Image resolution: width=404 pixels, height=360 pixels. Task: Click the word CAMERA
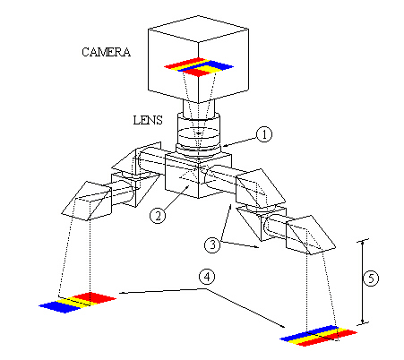click(x=106, y=52)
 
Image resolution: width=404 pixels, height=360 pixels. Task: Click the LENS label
click(x=148, y=120)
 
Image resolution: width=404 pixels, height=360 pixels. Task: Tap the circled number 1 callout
click(x=264, y=134)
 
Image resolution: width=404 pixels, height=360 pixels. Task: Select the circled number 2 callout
click(x=158, y=215)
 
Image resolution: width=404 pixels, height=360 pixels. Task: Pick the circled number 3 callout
click(x=212, y=245)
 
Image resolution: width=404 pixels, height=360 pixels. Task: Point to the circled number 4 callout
click(x=207, y=277)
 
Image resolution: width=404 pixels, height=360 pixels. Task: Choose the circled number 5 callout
click(x=371, y=279)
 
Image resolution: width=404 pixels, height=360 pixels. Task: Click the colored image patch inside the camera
click(x=199, y=67)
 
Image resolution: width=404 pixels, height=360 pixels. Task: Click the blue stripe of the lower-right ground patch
click(x=309, y=333)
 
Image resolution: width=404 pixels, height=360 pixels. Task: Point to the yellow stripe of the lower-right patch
click(x=319, y=336)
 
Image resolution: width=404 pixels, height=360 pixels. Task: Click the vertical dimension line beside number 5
click(x=363, y=281)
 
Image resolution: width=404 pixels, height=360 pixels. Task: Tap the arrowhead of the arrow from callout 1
click(x=224, y=145)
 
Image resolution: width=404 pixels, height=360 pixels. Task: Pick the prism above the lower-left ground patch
click(x=87, y=201)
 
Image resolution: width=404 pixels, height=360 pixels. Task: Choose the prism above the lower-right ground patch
click(x=311, y=236)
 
